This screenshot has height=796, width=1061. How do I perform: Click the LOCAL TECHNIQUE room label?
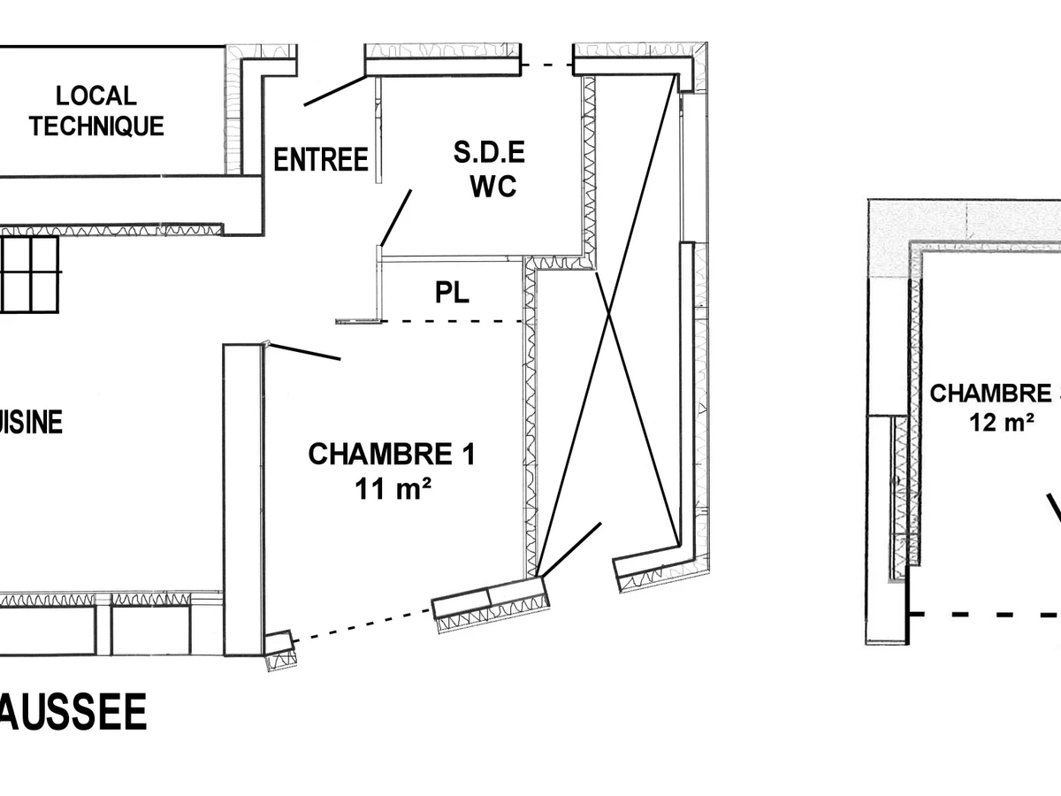point(96,111)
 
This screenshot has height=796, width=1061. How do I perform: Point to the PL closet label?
point(451,293)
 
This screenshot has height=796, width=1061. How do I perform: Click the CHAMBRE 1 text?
point(391,455)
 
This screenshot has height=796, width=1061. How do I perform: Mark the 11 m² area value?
point(388,487)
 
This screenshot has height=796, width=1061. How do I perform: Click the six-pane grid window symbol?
point(30,273)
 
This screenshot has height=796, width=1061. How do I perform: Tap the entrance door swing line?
point(334,91)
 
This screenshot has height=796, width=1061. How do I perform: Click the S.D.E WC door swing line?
point(396,216)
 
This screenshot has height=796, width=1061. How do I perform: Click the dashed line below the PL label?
point(451,321)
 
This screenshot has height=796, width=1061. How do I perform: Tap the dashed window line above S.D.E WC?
point(546,65)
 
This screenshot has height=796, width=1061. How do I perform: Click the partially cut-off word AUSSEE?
point(73,713)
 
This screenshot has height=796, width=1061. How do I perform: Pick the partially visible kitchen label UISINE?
point(32,422)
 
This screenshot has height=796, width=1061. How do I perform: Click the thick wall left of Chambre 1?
point(243,500)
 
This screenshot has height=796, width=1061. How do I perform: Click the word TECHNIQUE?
point(96,126)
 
